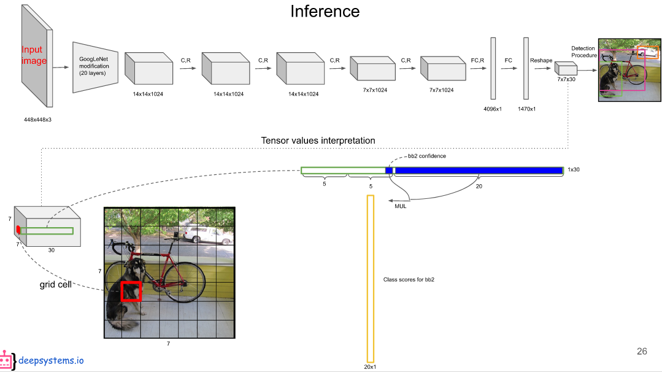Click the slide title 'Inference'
click(325, 11)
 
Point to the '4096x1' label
click(493, 109)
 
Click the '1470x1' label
click(526, 109)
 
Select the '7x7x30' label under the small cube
click(566, 80)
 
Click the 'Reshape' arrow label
click(541, 60)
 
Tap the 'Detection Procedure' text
click(583, 52)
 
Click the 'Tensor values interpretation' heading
click(318, 141)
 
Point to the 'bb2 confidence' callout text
click(427, 156)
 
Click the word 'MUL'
click(400, 206)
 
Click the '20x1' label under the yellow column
click(370, 366)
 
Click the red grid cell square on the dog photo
click(131, 291)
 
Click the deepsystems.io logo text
click(51, 360)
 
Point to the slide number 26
click(642, 351)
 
